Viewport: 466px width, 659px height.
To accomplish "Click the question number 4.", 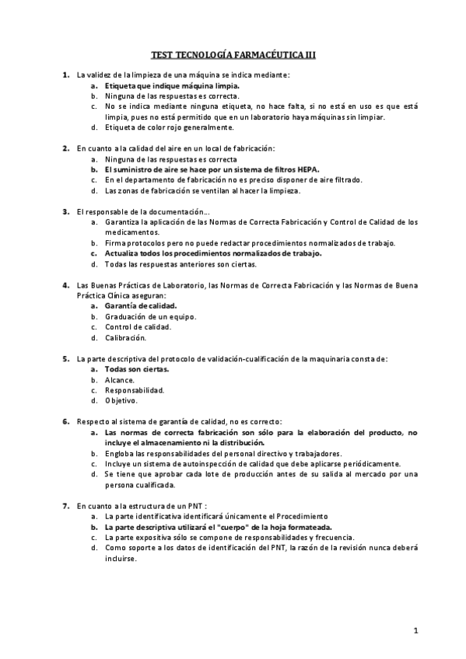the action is (65, 286).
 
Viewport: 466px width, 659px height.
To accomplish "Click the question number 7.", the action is (65, 506).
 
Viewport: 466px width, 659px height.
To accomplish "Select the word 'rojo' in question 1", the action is (163, 127).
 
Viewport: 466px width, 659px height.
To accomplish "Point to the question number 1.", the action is (65, 74).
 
